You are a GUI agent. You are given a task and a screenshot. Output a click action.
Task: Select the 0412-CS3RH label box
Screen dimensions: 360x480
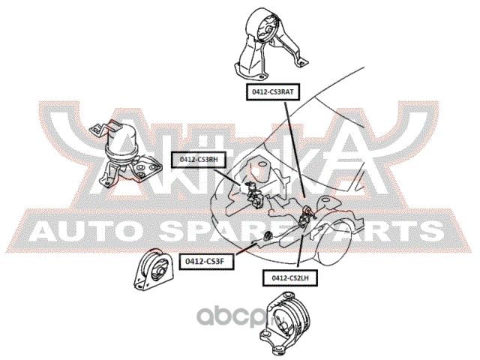(198, 159)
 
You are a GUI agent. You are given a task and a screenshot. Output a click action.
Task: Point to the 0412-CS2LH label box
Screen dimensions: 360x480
(290, 277)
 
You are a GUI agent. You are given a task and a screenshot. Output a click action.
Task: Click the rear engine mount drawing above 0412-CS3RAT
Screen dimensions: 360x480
(266, 46)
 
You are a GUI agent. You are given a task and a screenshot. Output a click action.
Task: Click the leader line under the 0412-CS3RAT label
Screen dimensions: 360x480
(294, 150)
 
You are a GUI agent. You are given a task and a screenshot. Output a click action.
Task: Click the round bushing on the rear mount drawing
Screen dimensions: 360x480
(265, 31)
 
